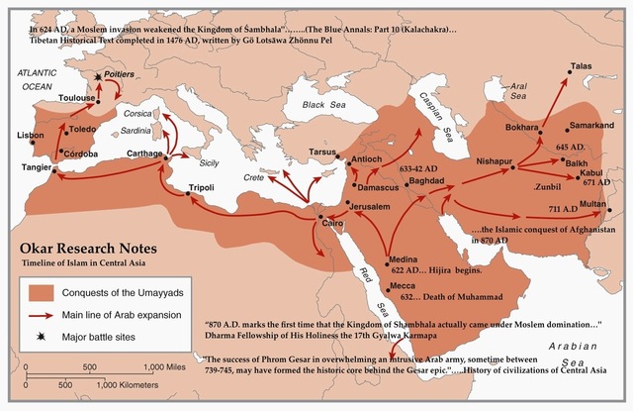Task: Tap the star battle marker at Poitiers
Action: coord(97,76)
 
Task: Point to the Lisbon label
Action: coord(31,135)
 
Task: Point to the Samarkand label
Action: coord(590,127)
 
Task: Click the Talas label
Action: coord(581,65)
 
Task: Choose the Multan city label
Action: coord(592,203)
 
